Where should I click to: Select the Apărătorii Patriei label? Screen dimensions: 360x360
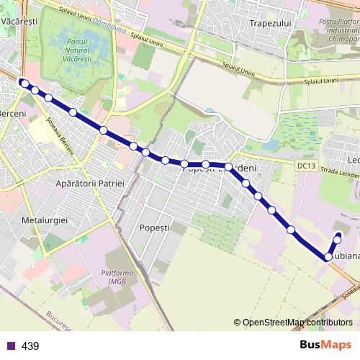[x=90, y=184]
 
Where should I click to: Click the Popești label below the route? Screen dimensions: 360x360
[x=154, y=227]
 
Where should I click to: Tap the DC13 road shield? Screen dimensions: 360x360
[x=306, y=166]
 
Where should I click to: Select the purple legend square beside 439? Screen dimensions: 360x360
[x=11, y=346]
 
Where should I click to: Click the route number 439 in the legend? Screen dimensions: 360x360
[x=30, y=346]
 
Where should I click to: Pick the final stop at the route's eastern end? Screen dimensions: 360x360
[x=338, y=238]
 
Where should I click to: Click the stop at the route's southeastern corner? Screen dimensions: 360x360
[x=328, y=256]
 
